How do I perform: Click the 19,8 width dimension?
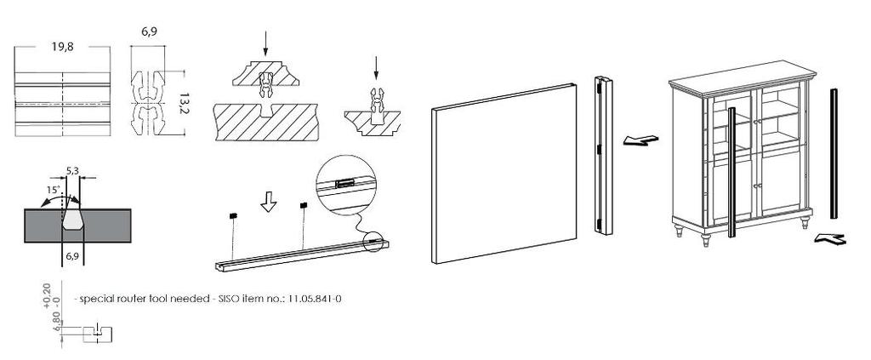62,47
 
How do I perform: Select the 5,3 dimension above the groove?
72,172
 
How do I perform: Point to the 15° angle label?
53,190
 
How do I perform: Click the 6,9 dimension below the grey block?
72,256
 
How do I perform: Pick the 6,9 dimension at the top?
149,31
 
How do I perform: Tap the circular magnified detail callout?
345,183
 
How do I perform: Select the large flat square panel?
504,174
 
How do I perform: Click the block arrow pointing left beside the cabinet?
640,140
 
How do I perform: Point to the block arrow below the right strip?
830,238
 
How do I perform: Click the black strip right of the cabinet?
834,153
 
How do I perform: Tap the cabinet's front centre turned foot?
706,237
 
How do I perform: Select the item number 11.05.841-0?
315,299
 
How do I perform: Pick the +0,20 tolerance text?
47,295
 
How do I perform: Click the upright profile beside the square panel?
604,155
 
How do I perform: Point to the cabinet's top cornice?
743,77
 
